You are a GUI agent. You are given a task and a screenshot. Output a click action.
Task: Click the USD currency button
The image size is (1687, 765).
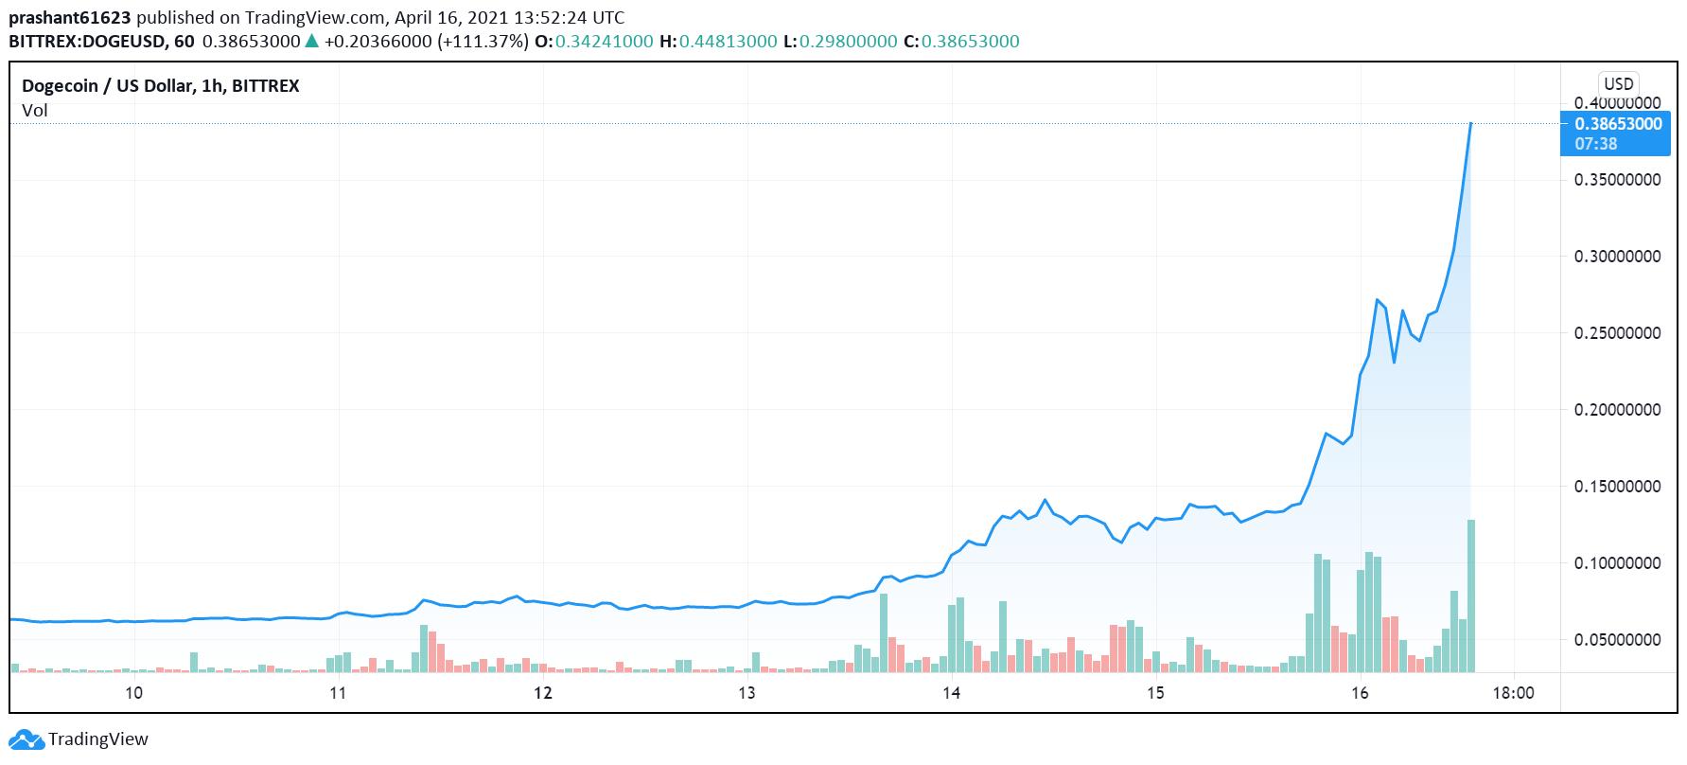(x=1618, y=83)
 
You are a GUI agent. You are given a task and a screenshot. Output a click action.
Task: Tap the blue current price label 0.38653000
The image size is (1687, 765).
(x=1617, y=124)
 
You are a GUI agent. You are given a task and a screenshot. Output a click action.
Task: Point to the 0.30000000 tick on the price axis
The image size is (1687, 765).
(x=1617, y=257)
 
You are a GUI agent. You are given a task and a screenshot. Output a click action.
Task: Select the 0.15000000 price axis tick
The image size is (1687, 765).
(x=1617, y=487)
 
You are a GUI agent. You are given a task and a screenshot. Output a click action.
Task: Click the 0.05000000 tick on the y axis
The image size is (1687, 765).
(x=1617, y=640)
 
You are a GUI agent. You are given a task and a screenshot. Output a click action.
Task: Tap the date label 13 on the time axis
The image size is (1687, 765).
(x=747, y=693)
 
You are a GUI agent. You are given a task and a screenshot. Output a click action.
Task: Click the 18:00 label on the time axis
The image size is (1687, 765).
(x=1513, y=693)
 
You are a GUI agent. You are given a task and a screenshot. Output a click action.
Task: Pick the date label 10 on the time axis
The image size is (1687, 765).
(x=134, y=693)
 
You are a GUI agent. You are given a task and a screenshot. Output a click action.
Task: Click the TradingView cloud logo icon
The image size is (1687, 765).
(x=26, y=739)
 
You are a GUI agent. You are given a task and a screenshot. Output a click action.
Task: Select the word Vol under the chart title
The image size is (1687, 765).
(x=35, y=111)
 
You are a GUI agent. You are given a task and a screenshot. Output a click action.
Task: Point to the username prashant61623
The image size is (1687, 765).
(x=70, y=18)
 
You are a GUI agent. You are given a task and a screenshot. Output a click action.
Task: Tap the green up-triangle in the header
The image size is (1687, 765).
(x=311, y=41)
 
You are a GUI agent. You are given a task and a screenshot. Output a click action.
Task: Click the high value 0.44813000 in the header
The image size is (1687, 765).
(x=728, y=42)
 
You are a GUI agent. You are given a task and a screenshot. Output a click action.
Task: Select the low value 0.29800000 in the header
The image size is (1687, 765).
(x=848, y=42)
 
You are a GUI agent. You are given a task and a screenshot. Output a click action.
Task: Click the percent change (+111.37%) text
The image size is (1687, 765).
(x=483, y=42)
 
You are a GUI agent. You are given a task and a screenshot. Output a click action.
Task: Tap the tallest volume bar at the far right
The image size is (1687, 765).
(x=1471, y=596)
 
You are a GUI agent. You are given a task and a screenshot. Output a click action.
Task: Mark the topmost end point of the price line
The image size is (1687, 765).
(x=1470, y=123)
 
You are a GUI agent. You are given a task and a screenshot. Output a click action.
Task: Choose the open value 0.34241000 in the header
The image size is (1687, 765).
(x=604, y=42)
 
